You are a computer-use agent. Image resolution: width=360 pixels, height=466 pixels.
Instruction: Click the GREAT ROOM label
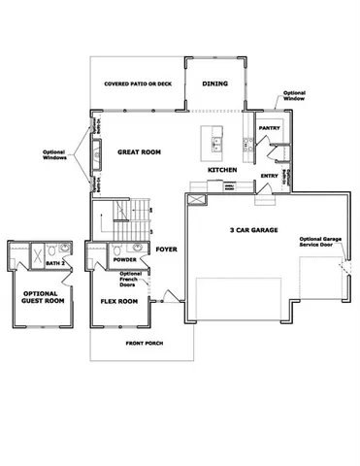138,152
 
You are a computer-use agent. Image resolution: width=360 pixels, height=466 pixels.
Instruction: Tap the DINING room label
214,83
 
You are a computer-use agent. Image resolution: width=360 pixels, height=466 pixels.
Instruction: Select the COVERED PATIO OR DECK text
138,84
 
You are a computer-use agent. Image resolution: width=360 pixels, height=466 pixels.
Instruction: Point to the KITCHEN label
221,171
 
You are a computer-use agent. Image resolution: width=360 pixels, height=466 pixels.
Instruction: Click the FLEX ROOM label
119,301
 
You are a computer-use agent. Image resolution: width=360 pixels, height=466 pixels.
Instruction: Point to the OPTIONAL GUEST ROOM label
39,297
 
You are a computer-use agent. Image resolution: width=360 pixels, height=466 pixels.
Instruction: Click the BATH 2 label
54,263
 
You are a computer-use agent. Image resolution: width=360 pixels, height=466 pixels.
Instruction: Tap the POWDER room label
123,260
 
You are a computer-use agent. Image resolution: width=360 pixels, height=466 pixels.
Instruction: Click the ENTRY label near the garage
270,176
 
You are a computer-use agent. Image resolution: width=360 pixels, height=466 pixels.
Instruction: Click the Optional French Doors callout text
130,280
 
